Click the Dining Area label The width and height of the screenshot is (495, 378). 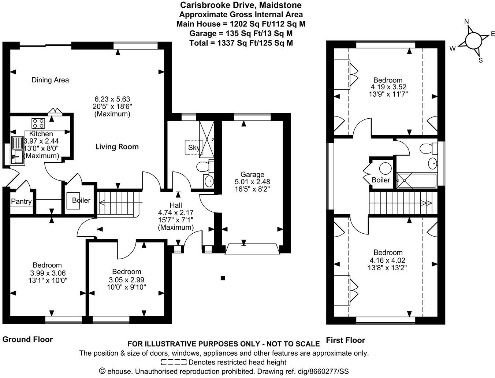[x=50, y=80]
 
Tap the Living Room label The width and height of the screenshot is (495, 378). [x=117, y=147]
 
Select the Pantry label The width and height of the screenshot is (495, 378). [x=21, y=201]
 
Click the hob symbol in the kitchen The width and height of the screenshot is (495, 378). [x=38, y=122]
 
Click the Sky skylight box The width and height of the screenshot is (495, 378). [x=194, y=148]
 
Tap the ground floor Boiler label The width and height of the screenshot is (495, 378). [x=81, y=200]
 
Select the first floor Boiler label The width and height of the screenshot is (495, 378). [x=381, y=180]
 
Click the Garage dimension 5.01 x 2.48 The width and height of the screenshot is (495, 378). [x=252, y=182]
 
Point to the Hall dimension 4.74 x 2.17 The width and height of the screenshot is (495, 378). [x=176, y=212]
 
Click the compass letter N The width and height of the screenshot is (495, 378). [x=466, y=22]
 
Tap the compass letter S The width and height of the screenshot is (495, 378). [x=481, y=60]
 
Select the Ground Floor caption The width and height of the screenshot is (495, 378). [x=27, y=340]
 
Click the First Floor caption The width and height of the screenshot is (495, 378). [x=345, y=340]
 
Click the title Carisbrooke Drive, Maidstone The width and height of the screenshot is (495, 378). [x=241, y=5]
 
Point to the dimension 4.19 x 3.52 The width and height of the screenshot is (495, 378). [x=388, y=87]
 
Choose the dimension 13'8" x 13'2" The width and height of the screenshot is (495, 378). [x=388, y=267]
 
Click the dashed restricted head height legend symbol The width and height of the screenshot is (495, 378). [x=174, y=363]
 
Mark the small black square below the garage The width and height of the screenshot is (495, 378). [x=222, y=278]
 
